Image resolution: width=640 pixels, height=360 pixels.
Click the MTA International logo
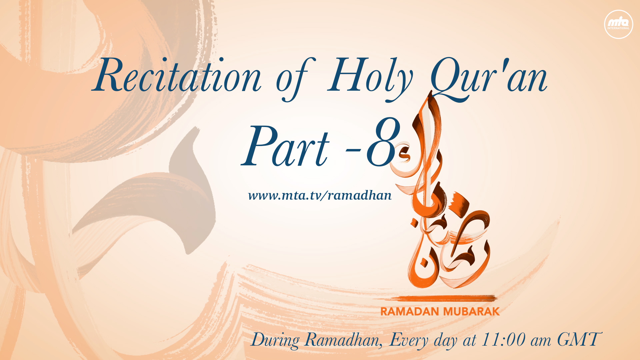(x=618, y=24)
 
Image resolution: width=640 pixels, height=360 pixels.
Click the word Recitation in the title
(x=177, y=76)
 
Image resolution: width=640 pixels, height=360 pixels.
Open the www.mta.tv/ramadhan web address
(x=320, y=195)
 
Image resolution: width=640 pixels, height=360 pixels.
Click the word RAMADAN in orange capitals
(x=409, y=312)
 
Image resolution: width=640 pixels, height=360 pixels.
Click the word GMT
(x=579, y=340)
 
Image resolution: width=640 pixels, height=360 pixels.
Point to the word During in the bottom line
(x=275, y=341)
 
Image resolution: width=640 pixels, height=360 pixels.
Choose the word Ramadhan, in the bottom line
(x=344, y=341)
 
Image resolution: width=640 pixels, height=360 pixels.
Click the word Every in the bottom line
(x=409, y=341)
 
